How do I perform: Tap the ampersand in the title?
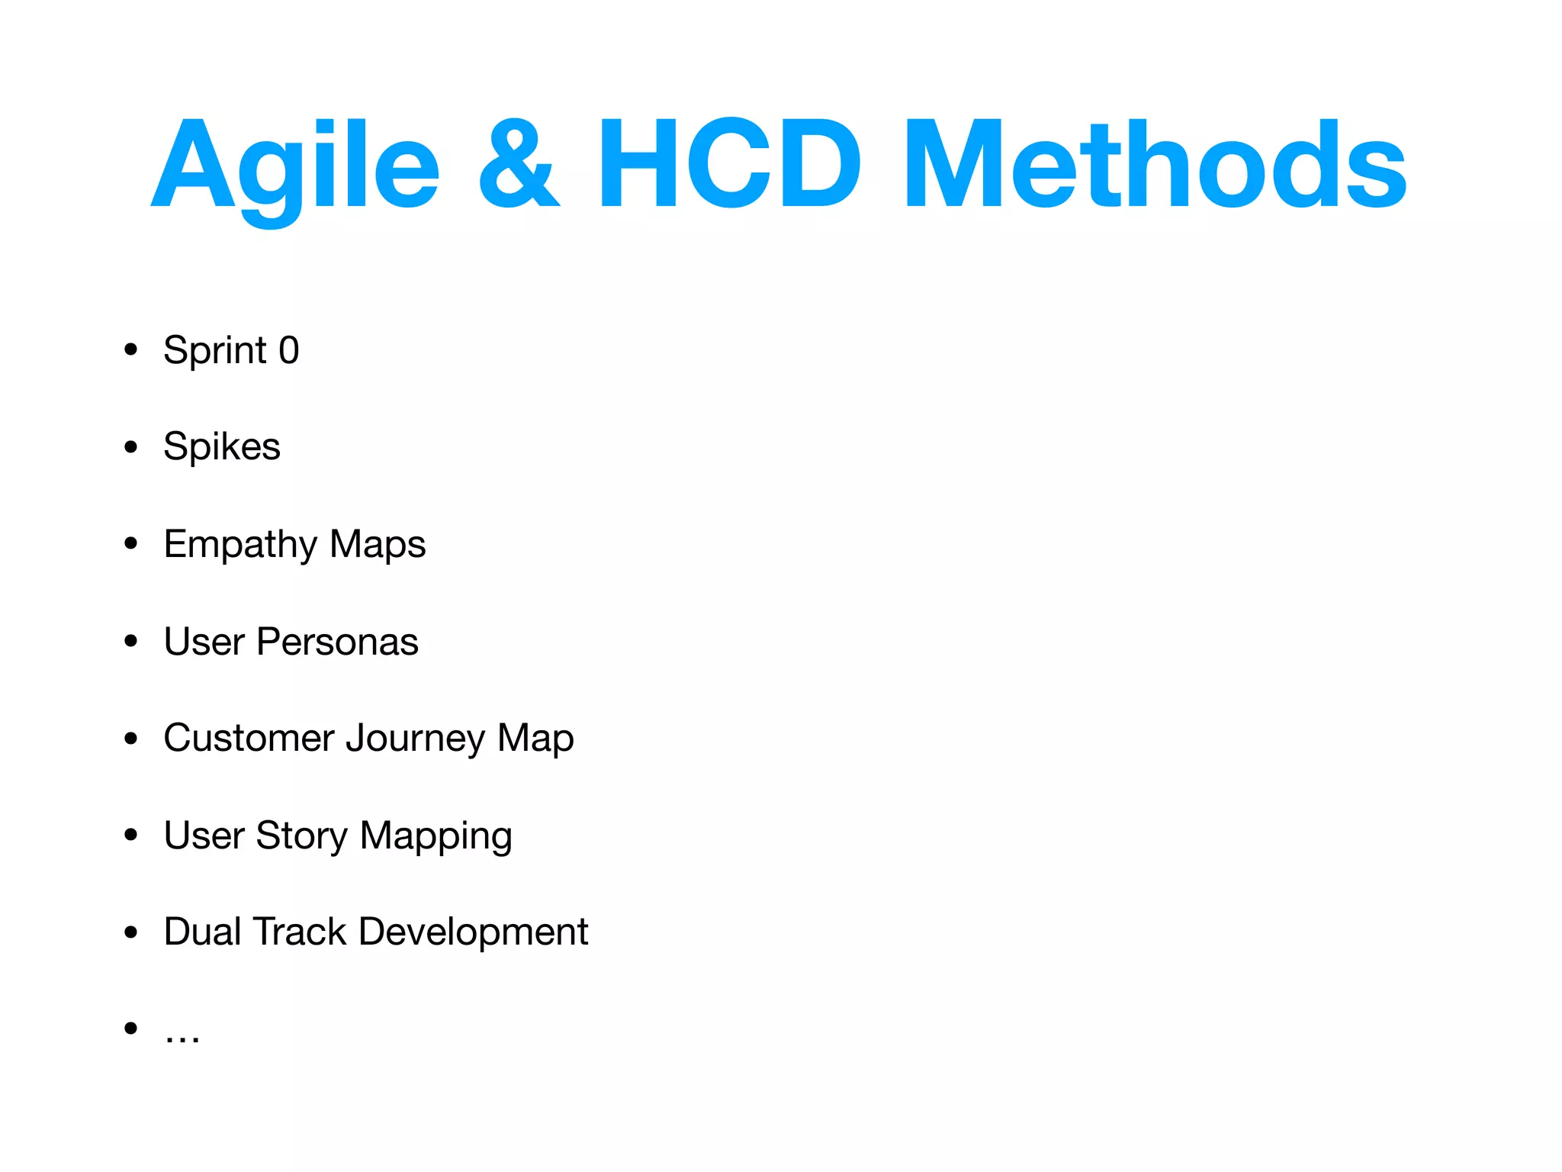tap(519, 164)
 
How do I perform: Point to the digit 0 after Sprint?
tap(289, 351)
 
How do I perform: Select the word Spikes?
tap(222, 447)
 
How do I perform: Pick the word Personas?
tap(337, 642)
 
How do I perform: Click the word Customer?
tap(249, 739)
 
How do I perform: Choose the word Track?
tap(299, 932)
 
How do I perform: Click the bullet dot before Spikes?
tap(131, 447)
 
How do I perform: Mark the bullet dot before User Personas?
tap(131, 642)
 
